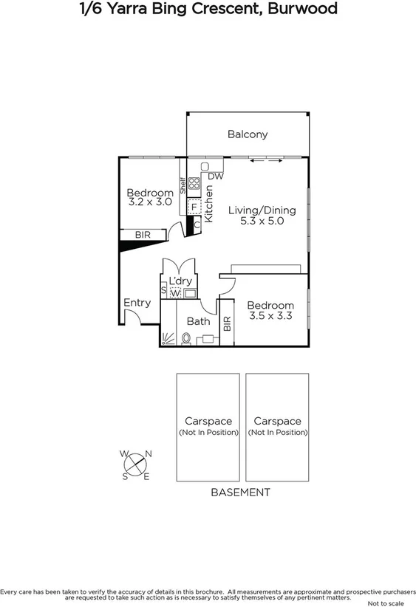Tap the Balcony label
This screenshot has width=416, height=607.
click(247, 134)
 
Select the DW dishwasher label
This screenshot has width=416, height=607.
click(215, 176)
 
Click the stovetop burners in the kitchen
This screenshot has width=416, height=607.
click(194, 183)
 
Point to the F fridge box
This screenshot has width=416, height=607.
click(194, 207)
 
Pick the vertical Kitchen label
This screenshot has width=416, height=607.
click(208, 204)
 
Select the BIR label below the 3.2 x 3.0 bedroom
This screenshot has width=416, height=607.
click(142, 236)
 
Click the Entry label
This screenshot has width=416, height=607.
click(137, 302)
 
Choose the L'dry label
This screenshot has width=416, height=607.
click(180, 281)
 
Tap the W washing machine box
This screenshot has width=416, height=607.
click(175, 293)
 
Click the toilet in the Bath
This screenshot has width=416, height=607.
click(186, 339)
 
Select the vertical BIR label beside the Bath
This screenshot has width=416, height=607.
click(227, 323)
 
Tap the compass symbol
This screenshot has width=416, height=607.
click(134, 465)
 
